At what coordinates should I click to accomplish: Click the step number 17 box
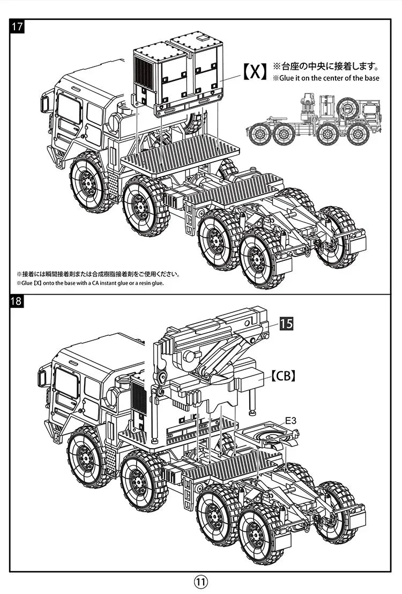point(17,27)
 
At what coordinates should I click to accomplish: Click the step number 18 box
point(17,301)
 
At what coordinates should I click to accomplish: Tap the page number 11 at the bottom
point(200,582)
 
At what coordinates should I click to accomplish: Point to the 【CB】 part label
point(282,376)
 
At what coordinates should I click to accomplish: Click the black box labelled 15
point(287,324)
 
